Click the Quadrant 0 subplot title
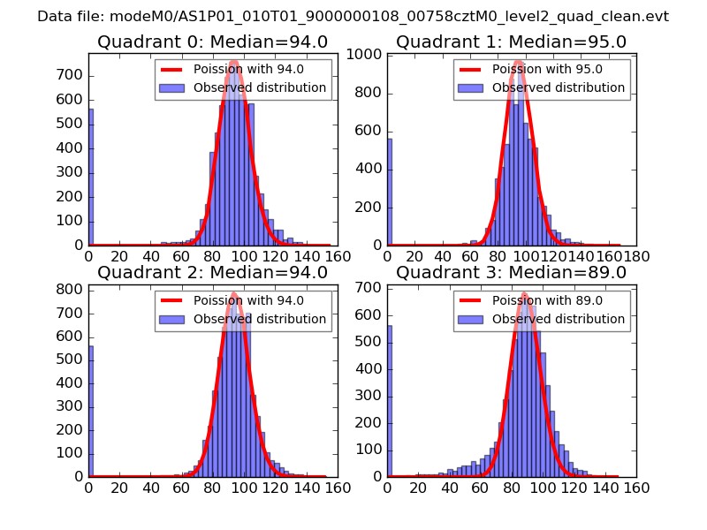212,42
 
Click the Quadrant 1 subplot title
511,42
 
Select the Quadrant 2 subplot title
212,272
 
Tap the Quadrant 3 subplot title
511,272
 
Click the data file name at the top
353,16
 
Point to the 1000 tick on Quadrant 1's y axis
366,55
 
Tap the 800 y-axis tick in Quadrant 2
72,289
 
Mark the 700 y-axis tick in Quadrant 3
371,288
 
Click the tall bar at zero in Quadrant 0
91,177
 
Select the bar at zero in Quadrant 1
390,192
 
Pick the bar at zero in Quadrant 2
91,410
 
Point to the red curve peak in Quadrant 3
524,293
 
